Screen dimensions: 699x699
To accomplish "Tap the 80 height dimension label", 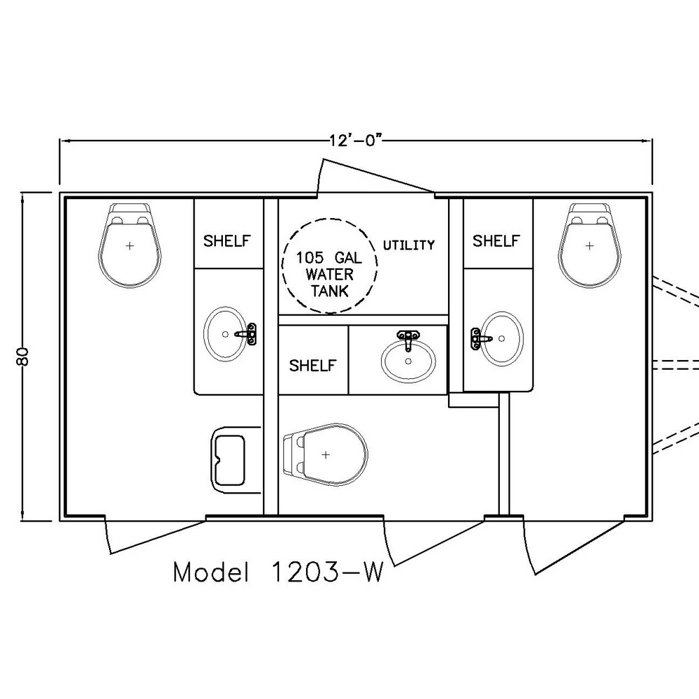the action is coord(23,356).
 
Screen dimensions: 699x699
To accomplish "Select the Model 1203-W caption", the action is coord(278,572).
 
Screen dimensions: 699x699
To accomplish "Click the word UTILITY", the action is coord(409,245).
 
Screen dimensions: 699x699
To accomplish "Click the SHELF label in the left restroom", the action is coord(227,240).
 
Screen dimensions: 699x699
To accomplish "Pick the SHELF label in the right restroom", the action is coord(496,240).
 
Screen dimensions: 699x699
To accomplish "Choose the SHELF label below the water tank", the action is coord(312,366).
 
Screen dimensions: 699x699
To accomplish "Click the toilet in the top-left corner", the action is coord(130,245).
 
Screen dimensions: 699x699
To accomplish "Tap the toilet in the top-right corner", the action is coord(589,245).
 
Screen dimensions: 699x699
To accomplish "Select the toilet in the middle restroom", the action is coord(326,454).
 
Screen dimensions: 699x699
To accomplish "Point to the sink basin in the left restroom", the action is coord(225,333).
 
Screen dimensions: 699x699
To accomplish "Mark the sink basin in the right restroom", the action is coord(503,338).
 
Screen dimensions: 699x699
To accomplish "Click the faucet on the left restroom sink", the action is coord(248,333).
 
